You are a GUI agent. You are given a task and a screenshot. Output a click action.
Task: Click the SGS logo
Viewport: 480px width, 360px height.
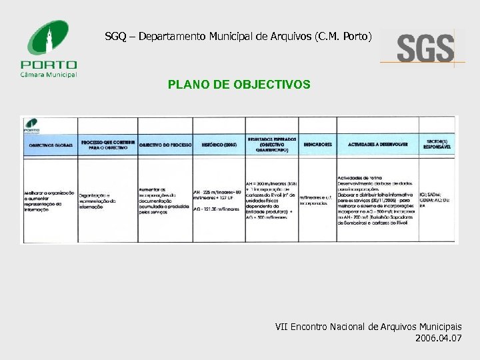click(423, 48)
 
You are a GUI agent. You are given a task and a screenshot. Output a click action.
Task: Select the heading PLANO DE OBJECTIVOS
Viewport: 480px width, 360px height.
click(239, 85)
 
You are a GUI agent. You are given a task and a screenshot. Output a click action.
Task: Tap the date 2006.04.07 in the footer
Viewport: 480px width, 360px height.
click(437, 339)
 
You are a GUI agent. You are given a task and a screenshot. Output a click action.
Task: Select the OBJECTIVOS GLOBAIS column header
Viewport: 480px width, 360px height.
click(50, 145)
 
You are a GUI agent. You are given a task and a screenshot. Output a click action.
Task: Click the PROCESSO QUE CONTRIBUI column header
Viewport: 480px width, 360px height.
click(107, 145)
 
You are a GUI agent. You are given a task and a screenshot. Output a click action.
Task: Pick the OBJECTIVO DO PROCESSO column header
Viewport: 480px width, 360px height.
click(165, 145)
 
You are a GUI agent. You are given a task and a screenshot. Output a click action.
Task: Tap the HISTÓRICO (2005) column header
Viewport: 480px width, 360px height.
click(219, 145)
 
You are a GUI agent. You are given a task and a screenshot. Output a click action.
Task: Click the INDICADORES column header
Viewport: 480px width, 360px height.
click(317, 145)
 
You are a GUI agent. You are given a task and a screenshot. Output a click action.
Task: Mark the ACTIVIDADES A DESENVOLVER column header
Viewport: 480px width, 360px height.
click(377, 145)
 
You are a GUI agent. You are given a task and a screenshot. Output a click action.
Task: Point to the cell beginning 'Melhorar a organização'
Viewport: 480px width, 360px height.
click(50, 197)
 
